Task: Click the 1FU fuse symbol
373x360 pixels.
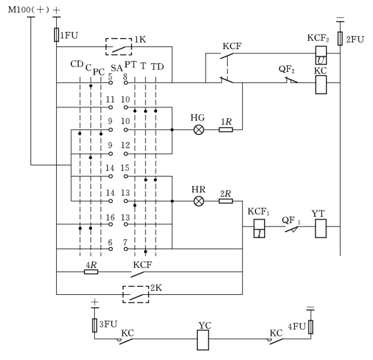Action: point(56,35)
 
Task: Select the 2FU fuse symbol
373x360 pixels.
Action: point(340,39)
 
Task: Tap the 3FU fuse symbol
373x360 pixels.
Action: point(95,325)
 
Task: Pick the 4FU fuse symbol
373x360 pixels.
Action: point(311,327)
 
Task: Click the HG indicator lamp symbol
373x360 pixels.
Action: point(199,130)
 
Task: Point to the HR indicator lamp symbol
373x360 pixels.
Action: point(199,201)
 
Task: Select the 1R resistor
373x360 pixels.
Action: point(226,129)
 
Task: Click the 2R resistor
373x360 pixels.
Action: point(226,201)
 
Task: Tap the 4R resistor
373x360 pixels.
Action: point(91,271)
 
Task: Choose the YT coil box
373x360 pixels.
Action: point(321,228)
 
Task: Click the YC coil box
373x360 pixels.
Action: point(203,340)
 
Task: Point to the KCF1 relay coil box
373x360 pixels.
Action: point(260,228)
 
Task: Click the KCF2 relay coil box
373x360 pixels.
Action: point(321,55)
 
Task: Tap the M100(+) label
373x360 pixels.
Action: point(28,10)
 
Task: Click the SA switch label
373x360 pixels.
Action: point(116,69)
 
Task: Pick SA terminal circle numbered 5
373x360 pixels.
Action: point(111,83)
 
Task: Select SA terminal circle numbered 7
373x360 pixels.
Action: point(126,249)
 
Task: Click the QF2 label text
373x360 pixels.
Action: point(286,69)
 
